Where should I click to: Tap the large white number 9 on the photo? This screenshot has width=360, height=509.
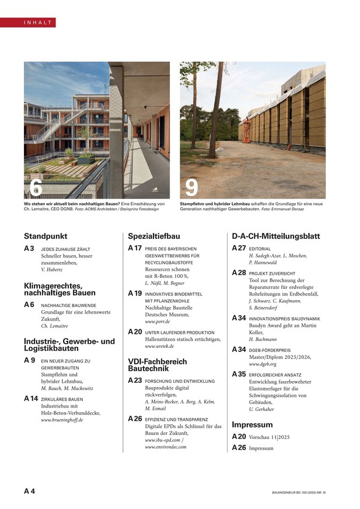[x=191, y=187]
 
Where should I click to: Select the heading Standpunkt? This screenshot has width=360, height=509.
[x=44, y=236]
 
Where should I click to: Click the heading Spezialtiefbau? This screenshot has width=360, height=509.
[x=154, y=236]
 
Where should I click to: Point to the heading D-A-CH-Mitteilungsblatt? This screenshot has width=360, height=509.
[x=276, y=236]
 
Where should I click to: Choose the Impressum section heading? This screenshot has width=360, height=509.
[x=252, y=424]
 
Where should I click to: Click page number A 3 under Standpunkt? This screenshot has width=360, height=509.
[x=29, y=249]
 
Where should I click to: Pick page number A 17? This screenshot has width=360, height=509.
[x=135, y=248]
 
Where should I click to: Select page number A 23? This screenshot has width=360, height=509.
[x=135, y=380]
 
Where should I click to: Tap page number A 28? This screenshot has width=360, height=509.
[x=239, y=273]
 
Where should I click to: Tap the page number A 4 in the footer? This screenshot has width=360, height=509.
[x=29, y=491]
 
